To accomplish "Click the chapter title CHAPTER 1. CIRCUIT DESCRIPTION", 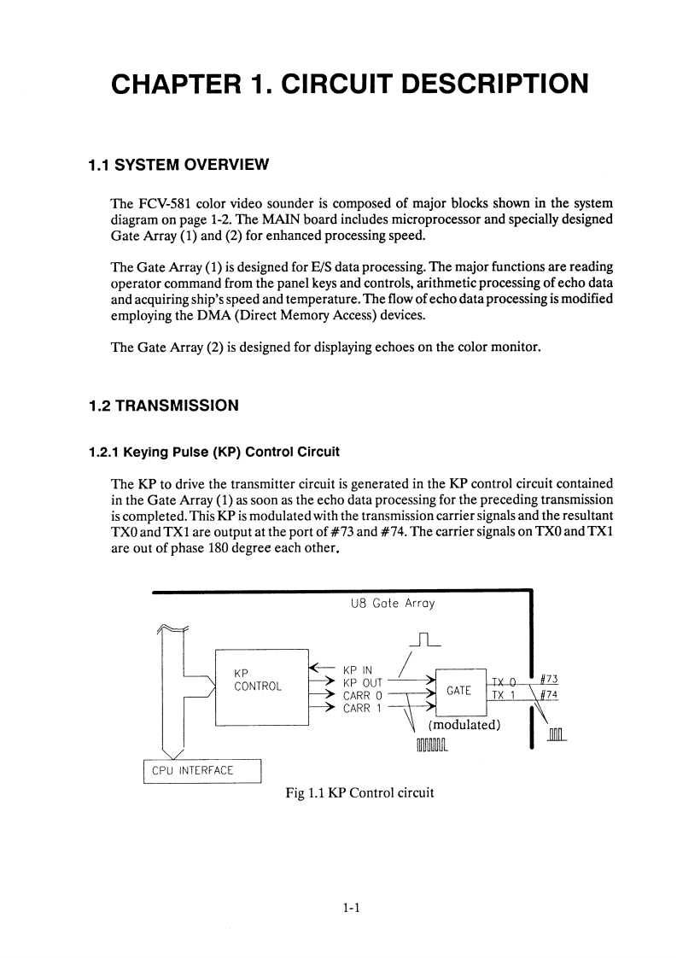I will coord(349,85).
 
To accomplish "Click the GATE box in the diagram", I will coord(459,690).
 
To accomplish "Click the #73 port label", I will coord(549,679).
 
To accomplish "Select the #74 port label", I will coord(549,693).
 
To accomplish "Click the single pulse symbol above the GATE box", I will coord(425,640).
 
